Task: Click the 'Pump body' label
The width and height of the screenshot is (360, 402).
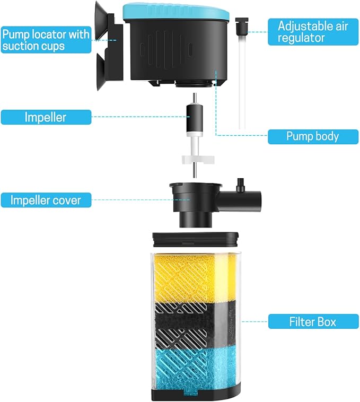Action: pos(312,136)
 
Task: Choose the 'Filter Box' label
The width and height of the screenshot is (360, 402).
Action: pos(312,321)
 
